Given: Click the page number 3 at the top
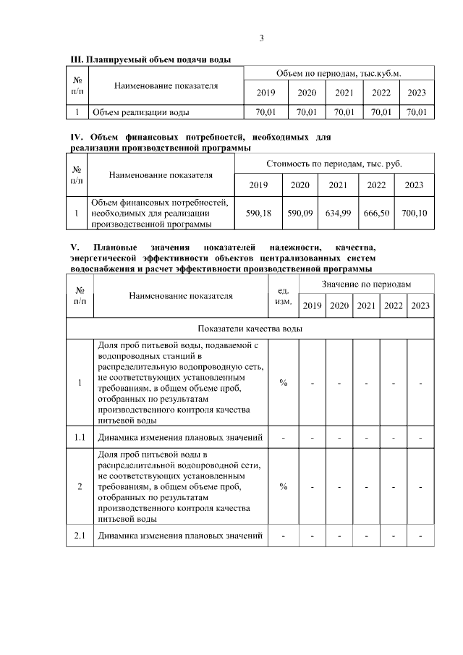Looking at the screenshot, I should pyautogui.click(x=262, y=38).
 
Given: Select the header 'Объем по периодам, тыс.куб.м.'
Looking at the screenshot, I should pyautogui.click(x=339, y=74).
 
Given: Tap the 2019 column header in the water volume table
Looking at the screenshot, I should pyautogui.click(x=266, y=93).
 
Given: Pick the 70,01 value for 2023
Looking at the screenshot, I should pyautogui.click(x=417, y=112).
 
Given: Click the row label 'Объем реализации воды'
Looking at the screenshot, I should pyautogui.click(x=140, y=112).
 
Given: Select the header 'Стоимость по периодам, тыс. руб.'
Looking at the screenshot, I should pyautogui.click(x=334, y=164).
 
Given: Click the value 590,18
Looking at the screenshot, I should pyautogui.click(x=258, y=214).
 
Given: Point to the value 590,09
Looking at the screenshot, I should pyautogui.click(x=300, y=214).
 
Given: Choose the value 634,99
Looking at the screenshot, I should pyautogui.click(x=338, y=214).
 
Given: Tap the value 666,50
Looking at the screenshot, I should pyautogui.click(x=376, y=214).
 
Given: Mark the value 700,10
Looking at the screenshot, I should pyautogui.click(x=414, y=214).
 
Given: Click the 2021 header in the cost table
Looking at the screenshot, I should pyautogui.click(x=338, y=185).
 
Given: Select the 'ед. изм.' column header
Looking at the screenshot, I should pyautogui.click(x=284, y=296).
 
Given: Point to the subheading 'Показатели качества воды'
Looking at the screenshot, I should pyautogui.click(x=250, y=328).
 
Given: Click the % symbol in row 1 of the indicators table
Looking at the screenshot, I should pyautogui.click(x=284, y=383).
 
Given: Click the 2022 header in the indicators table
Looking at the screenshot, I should pyautogui.click(x=393, y=306).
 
